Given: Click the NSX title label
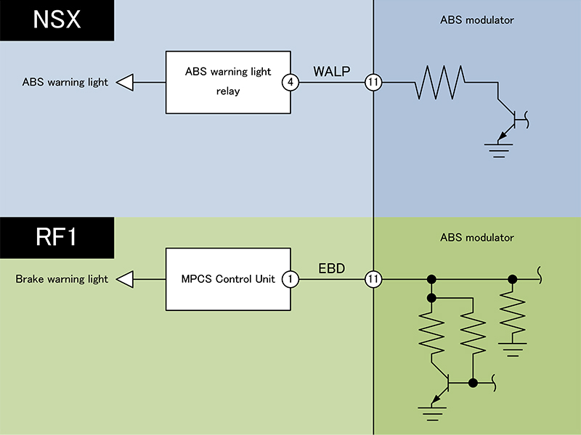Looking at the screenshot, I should coord(57,20).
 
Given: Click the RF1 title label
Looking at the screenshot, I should coord(57,237).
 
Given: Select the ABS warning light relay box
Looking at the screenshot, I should coord(228,82).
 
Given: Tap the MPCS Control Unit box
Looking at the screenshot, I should coord(228,279).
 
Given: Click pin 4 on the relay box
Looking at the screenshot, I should coord(290,82).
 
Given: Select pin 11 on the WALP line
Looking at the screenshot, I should coord(373,82).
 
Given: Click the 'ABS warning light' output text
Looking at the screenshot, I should coord(65,82).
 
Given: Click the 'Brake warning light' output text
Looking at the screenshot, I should coord(62,279).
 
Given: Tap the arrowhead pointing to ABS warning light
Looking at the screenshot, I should coord(125,82).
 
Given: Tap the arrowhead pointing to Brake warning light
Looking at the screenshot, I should coord(125,279).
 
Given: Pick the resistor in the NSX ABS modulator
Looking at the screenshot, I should coord(439,82).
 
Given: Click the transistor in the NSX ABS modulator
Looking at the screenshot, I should coord(511,118).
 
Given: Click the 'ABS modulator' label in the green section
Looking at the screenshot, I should coord(476,238).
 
